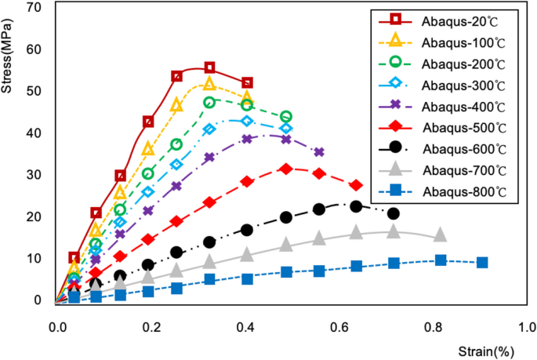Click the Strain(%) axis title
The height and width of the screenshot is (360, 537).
[x=490, y=350]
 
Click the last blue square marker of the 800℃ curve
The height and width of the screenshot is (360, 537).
[x=482, y=263]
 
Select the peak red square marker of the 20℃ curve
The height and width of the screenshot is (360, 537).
[x=209, y=68]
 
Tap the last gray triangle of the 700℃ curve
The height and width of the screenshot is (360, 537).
[x=441, y=235]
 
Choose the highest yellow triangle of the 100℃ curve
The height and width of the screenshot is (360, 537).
[x=209, y=84]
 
